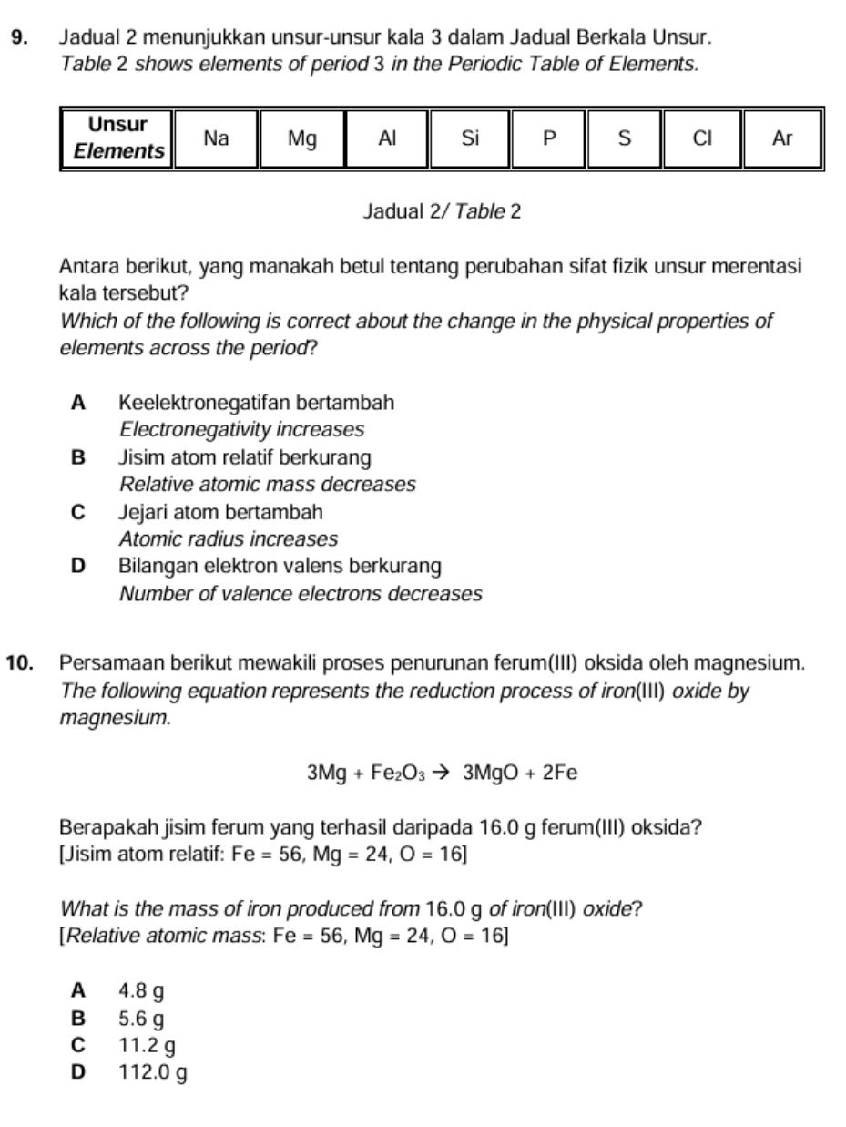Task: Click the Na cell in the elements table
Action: click(215, 138)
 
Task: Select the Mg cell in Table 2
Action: click(301, 138)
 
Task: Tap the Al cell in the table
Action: click(387, 138)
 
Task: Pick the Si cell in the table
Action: click(469, 138)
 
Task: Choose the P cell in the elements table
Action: click(547, 138)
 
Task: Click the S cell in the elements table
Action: click(624, 138)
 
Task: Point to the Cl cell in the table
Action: click(701, 138)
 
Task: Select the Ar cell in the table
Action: click(782, 138)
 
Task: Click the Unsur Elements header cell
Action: click(117, 138)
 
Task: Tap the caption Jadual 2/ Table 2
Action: click(442, 212)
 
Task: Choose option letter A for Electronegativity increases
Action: click(78, 402)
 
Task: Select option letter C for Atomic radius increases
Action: click(78, 511)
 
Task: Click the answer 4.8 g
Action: click(141, 989)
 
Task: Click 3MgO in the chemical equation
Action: click(492, 774)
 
